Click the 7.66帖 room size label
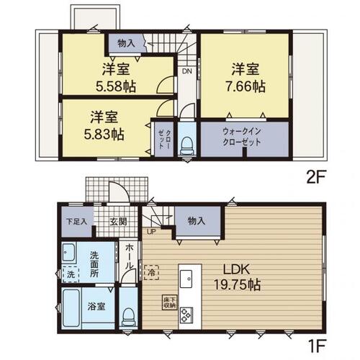coord(245,86)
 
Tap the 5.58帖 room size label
coord(116,86)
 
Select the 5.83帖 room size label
coord(104,135)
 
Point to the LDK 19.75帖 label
coord(237,277)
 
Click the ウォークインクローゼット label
coord(241,137)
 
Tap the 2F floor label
coord(316,178)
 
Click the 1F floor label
coord(316,346)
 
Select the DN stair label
coord(187,71)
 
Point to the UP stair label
coord(151,232)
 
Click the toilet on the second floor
coord(187,147)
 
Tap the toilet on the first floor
coord(128,317)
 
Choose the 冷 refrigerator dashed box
coord(151,272)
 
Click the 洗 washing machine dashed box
coord(71,274)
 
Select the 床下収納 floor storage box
coord(169,302)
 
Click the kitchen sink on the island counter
coord(186,279)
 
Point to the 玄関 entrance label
coord(118,221)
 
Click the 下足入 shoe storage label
coord(76,221)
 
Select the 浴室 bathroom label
coord(96,306)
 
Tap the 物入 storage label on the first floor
coord(197,221)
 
